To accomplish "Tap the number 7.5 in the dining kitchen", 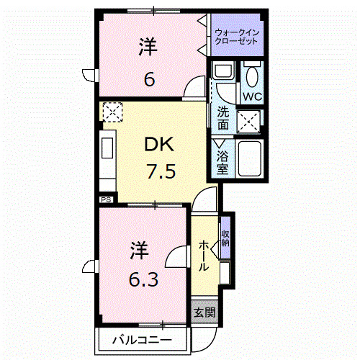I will [160, 173].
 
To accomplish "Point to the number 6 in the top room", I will [149, 79].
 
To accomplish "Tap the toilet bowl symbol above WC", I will [252, 75].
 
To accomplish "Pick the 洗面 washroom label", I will [223, 118].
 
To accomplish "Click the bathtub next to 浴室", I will [249, 160].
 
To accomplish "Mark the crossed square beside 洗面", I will [249, 122].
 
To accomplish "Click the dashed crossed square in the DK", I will [112, 112].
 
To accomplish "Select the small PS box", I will [104, 199].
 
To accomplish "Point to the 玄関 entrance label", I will [204, 312].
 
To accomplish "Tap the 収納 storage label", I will [225, 238].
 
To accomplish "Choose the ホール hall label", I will [204, 256].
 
